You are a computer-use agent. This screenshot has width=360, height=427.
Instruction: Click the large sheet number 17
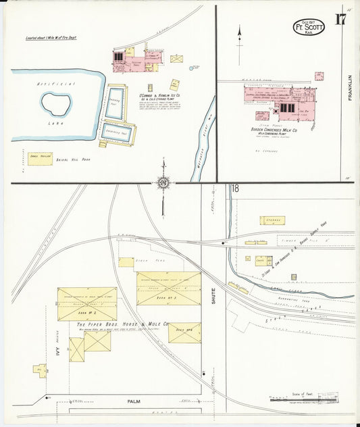click(339, 19)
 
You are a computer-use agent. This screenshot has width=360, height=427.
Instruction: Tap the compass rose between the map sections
click(163, 183)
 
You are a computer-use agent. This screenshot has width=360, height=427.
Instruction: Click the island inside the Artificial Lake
click(56, 103)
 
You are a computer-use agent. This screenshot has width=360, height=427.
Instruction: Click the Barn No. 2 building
click(86, 304)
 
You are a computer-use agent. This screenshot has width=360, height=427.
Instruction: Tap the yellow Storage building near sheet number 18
click(272, 220)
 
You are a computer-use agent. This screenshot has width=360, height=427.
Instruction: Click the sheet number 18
click(234, 189)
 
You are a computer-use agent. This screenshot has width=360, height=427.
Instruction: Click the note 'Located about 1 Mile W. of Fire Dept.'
click(51, 38)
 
